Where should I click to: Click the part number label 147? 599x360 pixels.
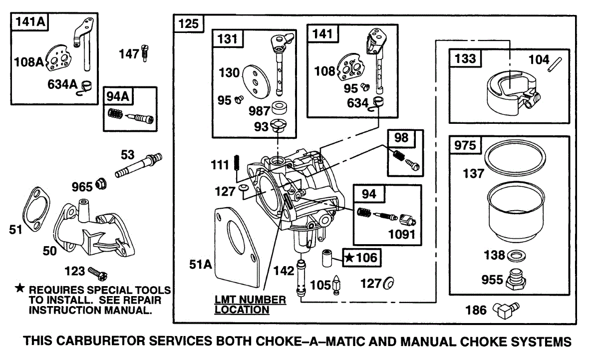point(129,54)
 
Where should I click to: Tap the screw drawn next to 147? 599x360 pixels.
point(145,53)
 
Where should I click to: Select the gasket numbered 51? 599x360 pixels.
point(36,209)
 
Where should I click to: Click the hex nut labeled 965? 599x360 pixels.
point(101,184)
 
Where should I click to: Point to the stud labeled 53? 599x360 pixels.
point(139,165)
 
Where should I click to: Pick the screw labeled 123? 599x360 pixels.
point(98,274)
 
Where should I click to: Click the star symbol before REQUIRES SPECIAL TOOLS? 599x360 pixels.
point(19,288)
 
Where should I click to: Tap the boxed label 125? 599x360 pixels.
point(189,24)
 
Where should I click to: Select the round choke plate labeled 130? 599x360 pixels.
point(256,82)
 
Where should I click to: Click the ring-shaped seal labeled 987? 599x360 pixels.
point(279,108)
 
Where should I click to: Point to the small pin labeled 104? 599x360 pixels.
point(555,65)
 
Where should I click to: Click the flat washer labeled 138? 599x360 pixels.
point(516,256)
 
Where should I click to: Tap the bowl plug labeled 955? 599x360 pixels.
point(516,280)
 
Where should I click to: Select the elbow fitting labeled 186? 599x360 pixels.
point(506,310)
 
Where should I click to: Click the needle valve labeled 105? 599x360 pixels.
point(336,285)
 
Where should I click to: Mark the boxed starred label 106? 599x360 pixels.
point(362,258)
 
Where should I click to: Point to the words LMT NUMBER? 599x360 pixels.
point(250,300)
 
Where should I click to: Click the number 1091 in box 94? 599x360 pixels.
point(402,235)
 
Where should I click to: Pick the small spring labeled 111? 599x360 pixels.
point(237,163)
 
